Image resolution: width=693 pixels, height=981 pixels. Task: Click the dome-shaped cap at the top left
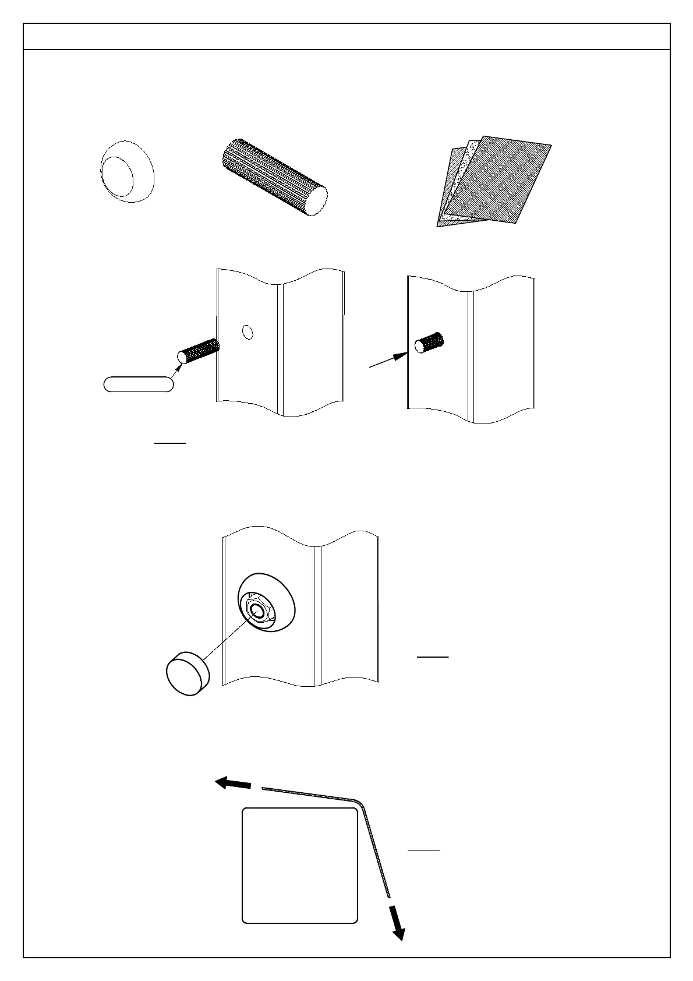tap(127, 171)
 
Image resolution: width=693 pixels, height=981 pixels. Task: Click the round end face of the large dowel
tap(317, 201)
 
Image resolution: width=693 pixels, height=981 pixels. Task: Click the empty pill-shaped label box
tap(139, 384)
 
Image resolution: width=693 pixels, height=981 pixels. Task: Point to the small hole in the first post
tap(248, 332)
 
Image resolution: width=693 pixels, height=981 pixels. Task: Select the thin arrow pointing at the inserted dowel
tap(387, 360)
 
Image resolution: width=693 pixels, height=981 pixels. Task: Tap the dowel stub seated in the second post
tap(429, 343)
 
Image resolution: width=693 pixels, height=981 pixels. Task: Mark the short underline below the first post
tap(169, 443)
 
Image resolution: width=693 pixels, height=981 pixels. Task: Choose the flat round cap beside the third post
tap(188, 675)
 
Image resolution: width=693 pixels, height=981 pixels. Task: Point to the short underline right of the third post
tap(433, 657)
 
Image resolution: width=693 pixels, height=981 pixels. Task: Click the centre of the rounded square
tap(299, 866)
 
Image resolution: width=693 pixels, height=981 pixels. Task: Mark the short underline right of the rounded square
tap(423, 851)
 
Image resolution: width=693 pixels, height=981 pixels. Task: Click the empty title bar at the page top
tap(346, 37)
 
